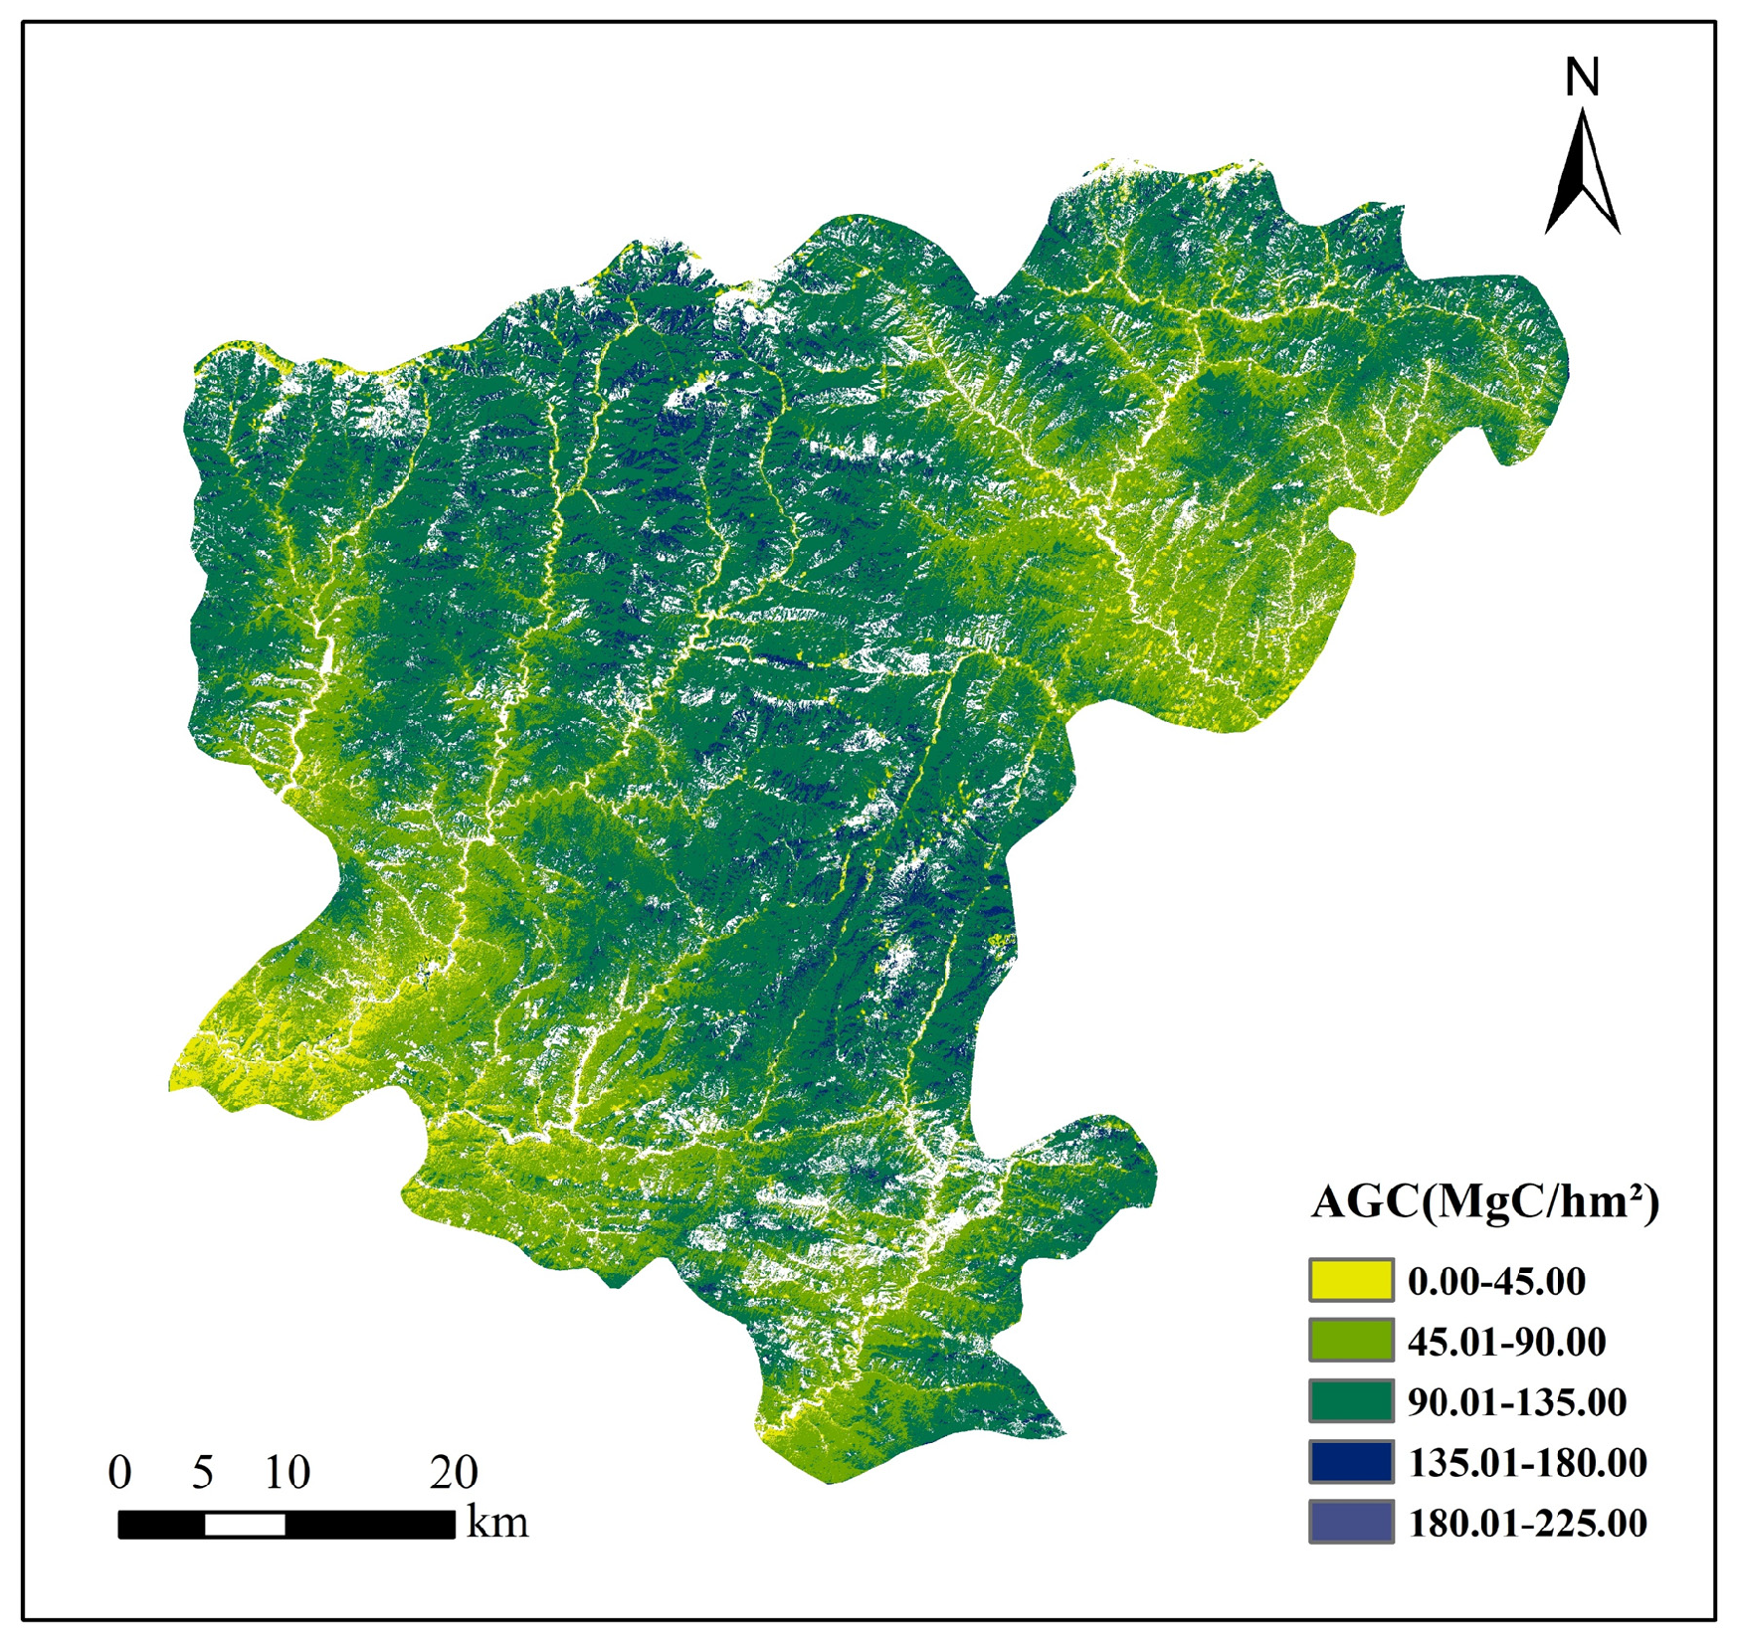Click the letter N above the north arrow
1581,77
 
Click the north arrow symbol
1582,174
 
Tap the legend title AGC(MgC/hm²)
1484,1201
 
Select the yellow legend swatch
1350,1280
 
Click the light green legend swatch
1350,1340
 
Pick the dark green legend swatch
1350,1400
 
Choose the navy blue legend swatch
1350,1461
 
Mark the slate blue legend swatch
1350,1521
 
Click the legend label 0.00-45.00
1496,1281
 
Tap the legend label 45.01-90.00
1506,1342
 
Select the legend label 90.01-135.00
1516,1402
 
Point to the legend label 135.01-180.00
1527,1462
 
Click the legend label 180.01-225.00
1527,1523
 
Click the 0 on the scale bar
119,1472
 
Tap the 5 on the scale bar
203,1472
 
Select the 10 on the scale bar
287,1472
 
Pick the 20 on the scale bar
454,1472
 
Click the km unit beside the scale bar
497,1523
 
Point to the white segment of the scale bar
245,1524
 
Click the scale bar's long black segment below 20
370,1524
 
